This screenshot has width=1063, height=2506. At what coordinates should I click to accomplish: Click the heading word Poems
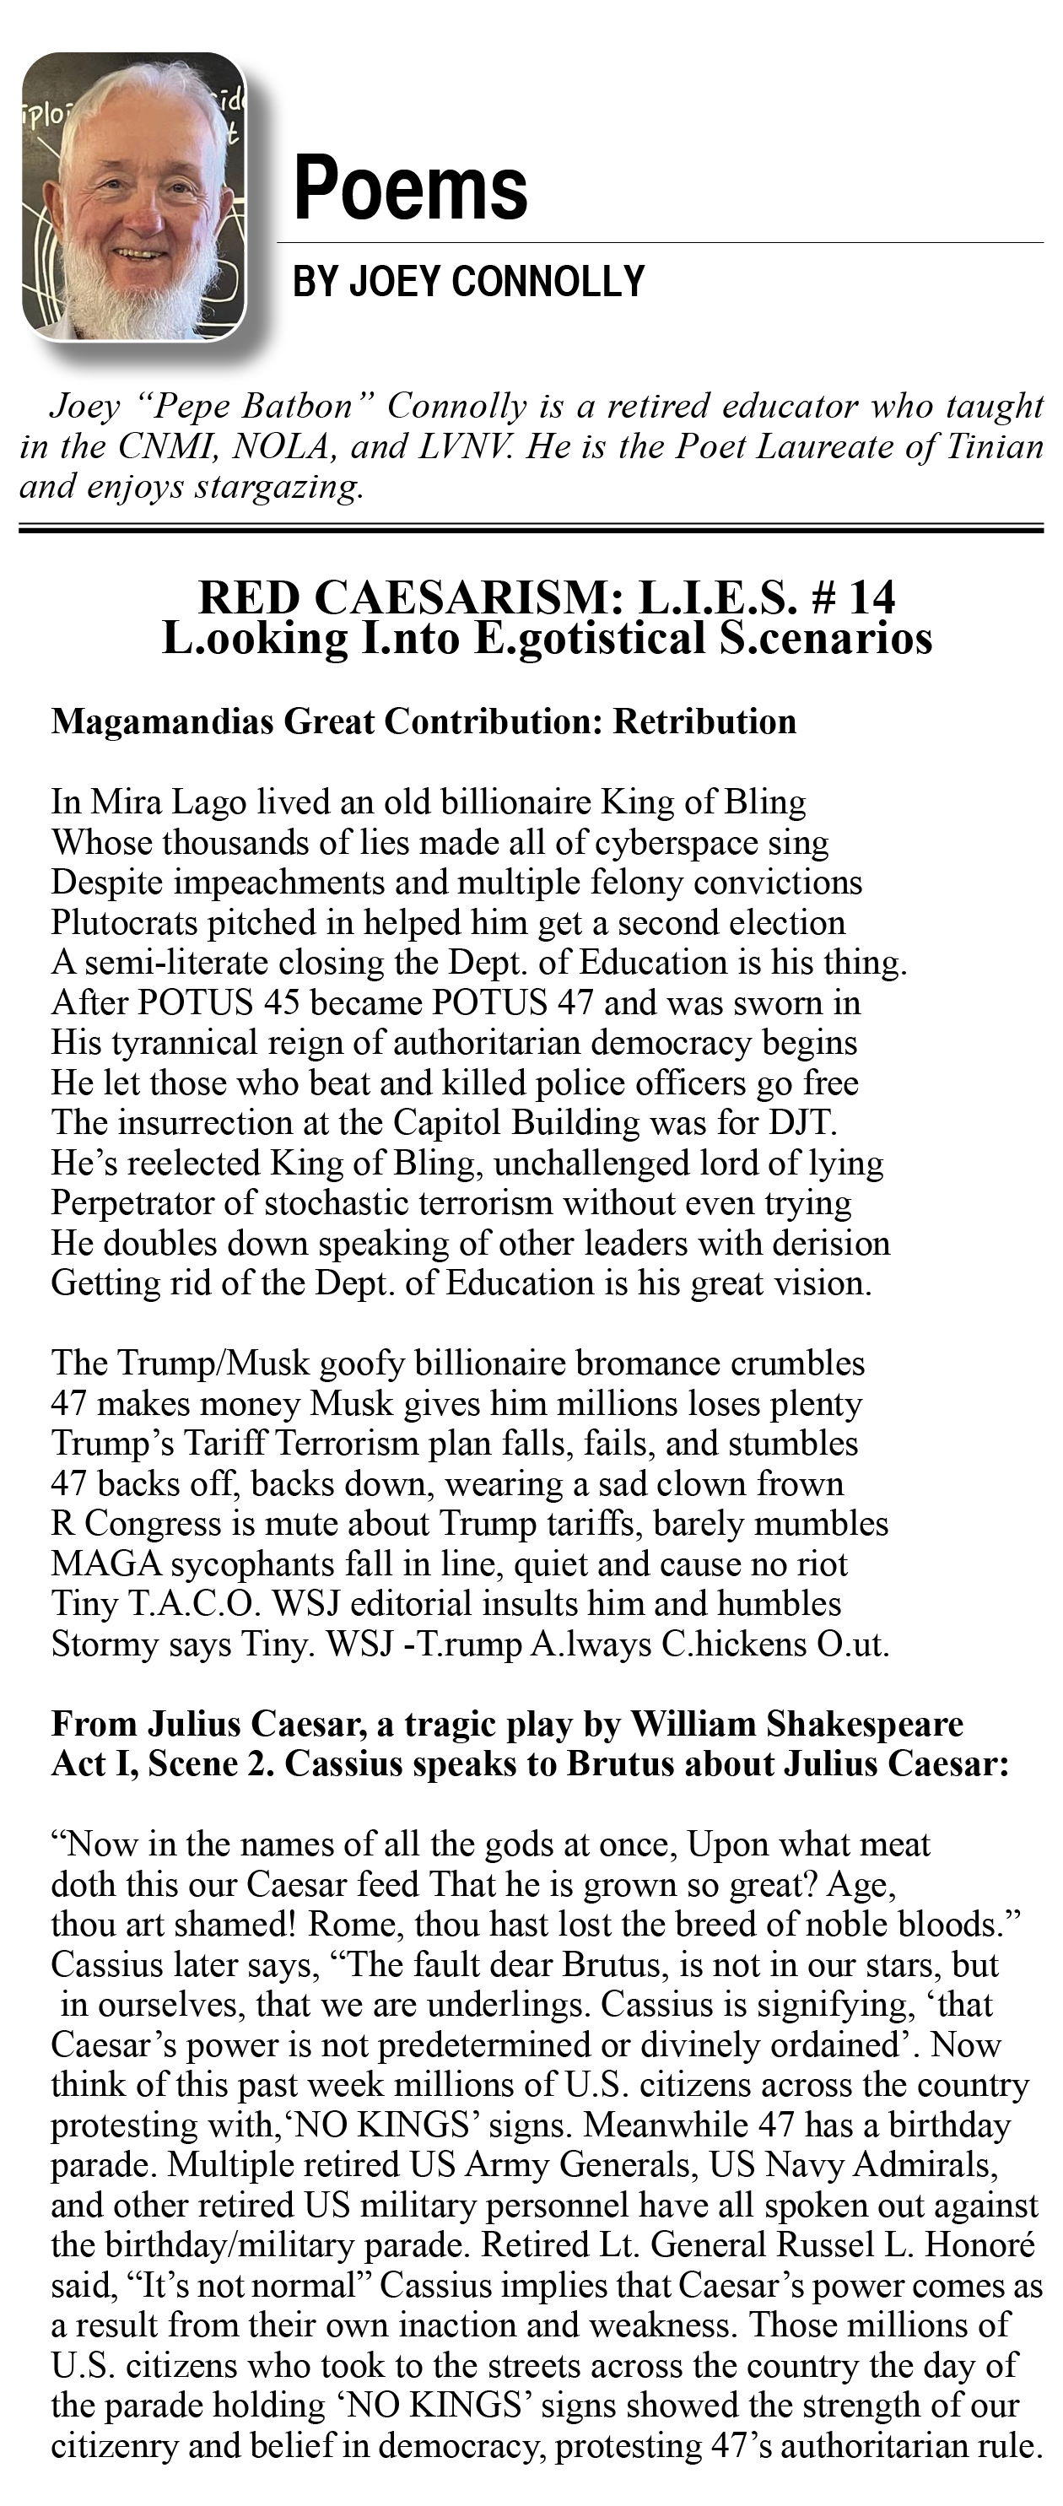pos(410,189)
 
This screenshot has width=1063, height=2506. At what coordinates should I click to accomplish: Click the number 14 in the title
pos(871,597)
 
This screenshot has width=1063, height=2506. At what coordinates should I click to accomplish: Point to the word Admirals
pos(925,2165)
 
